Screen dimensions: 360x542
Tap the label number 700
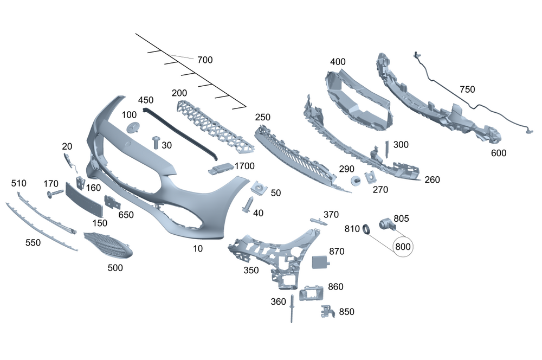pos(205,60)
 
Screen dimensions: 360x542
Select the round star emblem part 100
pos(133,127)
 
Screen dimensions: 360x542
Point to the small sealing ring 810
pos(366,229)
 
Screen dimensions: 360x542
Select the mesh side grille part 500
pos(108,245)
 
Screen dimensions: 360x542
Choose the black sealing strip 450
pos(182,136)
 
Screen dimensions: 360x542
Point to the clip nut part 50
pos(260,189)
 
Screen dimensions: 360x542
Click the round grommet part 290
pos(356,181)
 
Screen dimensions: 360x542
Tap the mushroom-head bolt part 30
pos(156,142)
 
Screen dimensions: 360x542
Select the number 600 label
pos(498,153)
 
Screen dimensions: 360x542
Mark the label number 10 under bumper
pos(198,248)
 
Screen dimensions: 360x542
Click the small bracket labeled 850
pos(327,311)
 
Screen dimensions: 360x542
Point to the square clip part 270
pos(371,177)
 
